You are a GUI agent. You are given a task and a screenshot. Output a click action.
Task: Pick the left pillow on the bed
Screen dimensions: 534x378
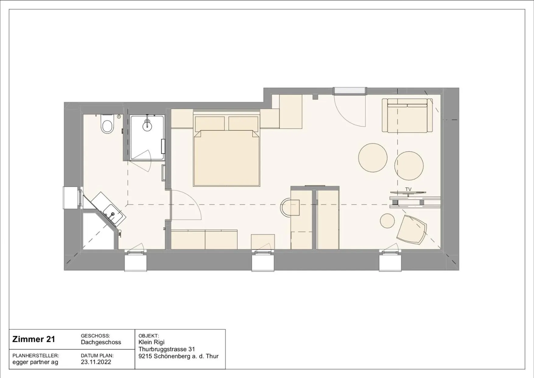(210, 124)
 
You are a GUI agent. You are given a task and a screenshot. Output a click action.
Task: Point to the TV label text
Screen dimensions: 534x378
(408, 189)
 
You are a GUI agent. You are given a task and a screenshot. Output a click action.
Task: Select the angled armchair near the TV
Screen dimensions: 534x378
(411, 229)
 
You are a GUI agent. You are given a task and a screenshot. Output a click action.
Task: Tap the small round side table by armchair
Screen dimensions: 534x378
(387, 221)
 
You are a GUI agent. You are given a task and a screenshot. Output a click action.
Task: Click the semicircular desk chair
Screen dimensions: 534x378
(289, 207)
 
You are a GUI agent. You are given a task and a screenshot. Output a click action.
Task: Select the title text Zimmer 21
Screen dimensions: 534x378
(33, 339)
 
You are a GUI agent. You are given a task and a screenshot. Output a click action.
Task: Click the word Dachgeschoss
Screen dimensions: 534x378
(101, 342)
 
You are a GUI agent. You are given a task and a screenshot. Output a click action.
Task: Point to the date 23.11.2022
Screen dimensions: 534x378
(96, 362)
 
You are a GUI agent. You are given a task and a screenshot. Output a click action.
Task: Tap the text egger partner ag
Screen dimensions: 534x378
(35, 362)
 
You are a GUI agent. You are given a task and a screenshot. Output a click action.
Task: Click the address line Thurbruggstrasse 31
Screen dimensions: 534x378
(167, 349)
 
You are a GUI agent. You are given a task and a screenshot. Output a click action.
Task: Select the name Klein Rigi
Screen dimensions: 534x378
(151, 342)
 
